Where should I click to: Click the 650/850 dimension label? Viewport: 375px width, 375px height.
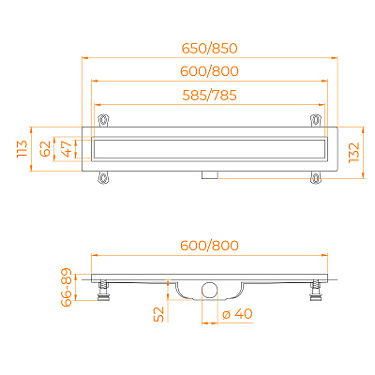click(x=210, y=49)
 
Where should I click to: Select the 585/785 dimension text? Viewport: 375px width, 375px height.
click(x=210, y=96)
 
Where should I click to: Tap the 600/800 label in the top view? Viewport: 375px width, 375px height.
click(x=210, y=71)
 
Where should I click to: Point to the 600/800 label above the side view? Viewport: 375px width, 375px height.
click(x=210, y=246)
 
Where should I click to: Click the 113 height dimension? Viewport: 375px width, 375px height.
click(x=22, y=149)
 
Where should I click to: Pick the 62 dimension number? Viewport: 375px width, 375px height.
click(x=45, y=149)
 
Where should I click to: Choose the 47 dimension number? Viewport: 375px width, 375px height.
click(x=67, y=149)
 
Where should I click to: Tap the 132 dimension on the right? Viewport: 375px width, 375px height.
click(x=354, y=153)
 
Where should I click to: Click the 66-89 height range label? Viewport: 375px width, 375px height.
click(x=66, y=287)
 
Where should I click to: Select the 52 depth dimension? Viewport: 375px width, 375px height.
click(x=159, y=314)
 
